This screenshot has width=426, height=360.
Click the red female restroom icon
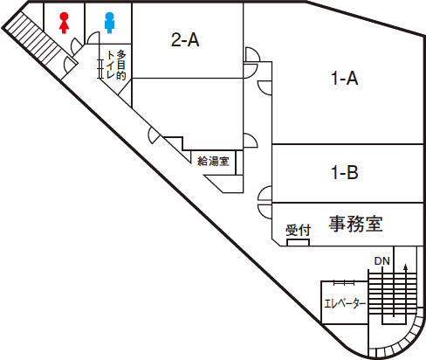tap(64, 23)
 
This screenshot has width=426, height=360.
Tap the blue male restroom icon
tap(109, 23)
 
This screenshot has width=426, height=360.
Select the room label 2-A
tap(185, 39)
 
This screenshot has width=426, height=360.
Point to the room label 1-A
tap(345, 78)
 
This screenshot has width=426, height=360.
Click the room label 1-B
tap(345, 172)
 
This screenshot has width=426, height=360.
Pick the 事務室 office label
tap(355, 224)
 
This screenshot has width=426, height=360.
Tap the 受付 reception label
tap(299, 230)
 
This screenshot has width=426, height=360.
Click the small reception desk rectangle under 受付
tap(298, 242)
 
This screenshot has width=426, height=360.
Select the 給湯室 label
tap(213, 161)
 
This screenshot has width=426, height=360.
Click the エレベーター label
tap(345, 304)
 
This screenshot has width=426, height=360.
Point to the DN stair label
tap(381, 261)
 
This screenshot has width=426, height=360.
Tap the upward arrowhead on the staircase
tap(405, 267)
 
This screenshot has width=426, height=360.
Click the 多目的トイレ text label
tap(116, 65)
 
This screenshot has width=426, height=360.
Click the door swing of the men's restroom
tap(93, 38)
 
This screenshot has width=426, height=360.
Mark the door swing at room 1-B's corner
tap(265, 193)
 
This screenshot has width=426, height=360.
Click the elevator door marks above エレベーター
tap(344, 282)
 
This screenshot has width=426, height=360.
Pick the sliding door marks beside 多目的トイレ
tap(100, 69)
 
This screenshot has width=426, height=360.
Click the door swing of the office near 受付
tap(265, 211)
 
